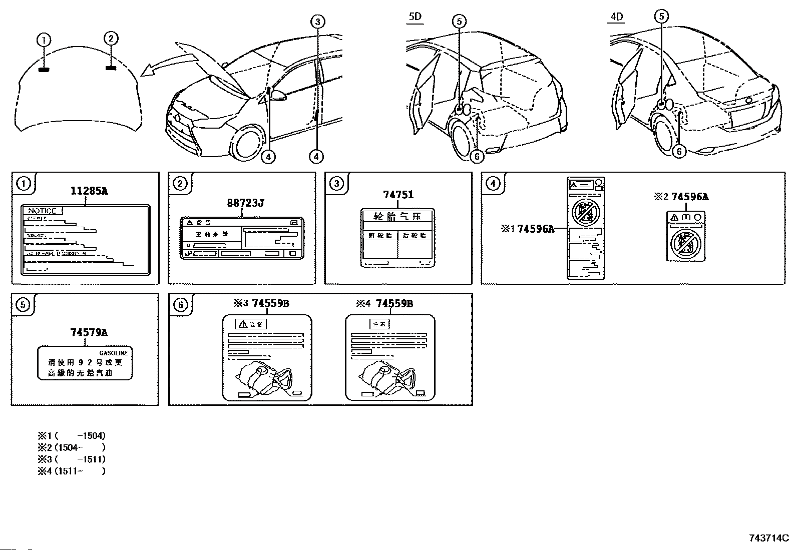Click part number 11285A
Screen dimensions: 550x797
click(x=89, y=191)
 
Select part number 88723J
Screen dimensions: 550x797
click(x=245, y=203)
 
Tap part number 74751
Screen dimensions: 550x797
click(x=398, y=195)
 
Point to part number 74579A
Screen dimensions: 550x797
click(x=89, y=332)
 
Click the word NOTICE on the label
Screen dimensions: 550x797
click(x=42, y=211)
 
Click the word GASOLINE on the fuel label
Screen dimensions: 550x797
click(x=113, y=353)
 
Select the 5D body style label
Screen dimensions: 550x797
click(x=415, y=17)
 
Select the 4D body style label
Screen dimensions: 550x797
click(x=616, y=17)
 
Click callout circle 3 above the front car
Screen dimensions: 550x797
click(x=317, y=21)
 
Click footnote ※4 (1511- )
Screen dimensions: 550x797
click(x=72, y=471)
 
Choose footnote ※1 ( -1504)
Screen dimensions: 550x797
click(x=72, y=436)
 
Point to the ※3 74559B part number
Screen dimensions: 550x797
click(x=261, y=303)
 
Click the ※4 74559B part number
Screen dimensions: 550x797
click(x=384, y=303)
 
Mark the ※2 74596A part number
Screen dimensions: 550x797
click(x=681, y=197)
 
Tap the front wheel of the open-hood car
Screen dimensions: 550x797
click(x=248, y=145)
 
